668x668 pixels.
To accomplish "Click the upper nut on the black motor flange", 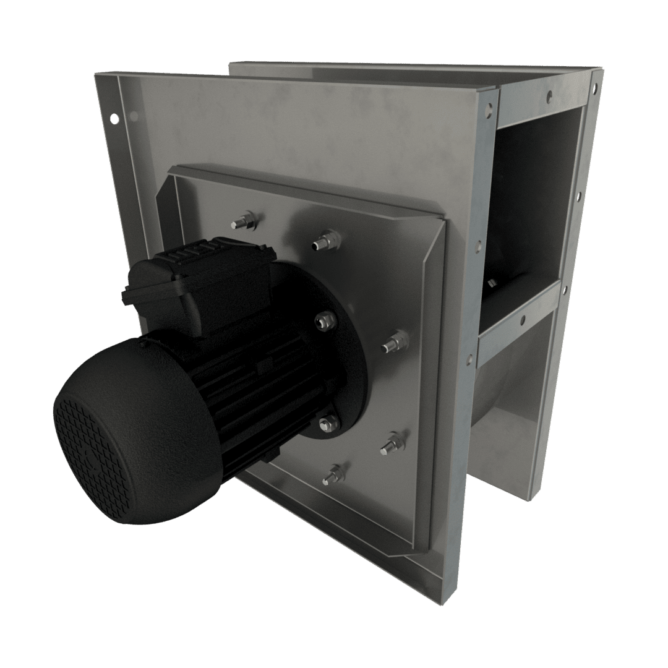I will [x=324, y=320].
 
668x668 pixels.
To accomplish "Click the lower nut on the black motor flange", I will [x=327, y=422].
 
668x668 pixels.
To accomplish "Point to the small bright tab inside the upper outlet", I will [x=492, y=283].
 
